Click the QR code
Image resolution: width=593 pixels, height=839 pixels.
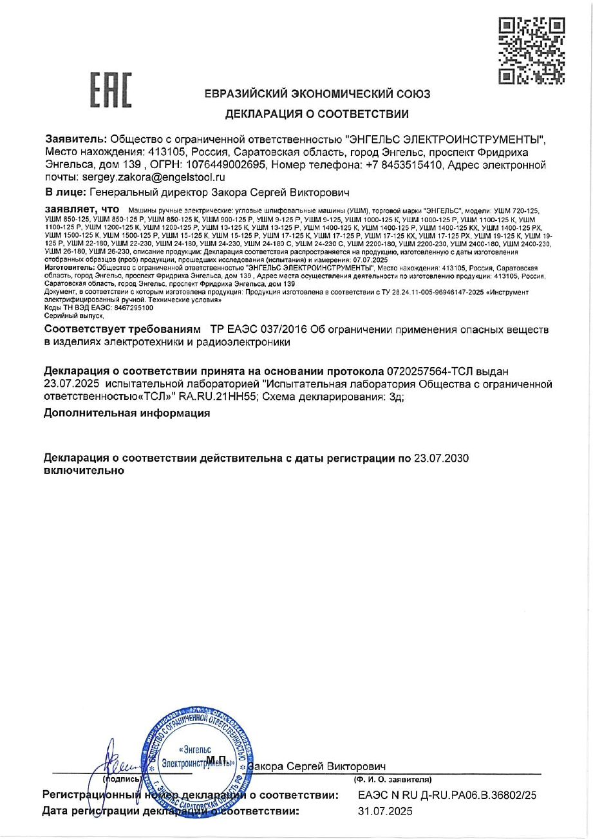(532, 51)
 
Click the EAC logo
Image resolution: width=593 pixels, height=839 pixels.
(110, 90)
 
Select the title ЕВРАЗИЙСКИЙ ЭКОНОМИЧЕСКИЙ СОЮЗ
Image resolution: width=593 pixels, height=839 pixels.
(317, 94)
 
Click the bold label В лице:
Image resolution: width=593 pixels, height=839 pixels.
(64, 192)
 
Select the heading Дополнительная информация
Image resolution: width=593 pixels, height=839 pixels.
(127, 413)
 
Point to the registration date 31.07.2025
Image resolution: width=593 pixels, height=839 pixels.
(385, 811)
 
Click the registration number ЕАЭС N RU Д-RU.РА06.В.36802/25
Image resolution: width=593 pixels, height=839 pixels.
(446, 796)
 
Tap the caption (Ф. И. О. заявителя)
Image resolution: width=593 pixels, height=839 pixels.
(388, 780)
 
